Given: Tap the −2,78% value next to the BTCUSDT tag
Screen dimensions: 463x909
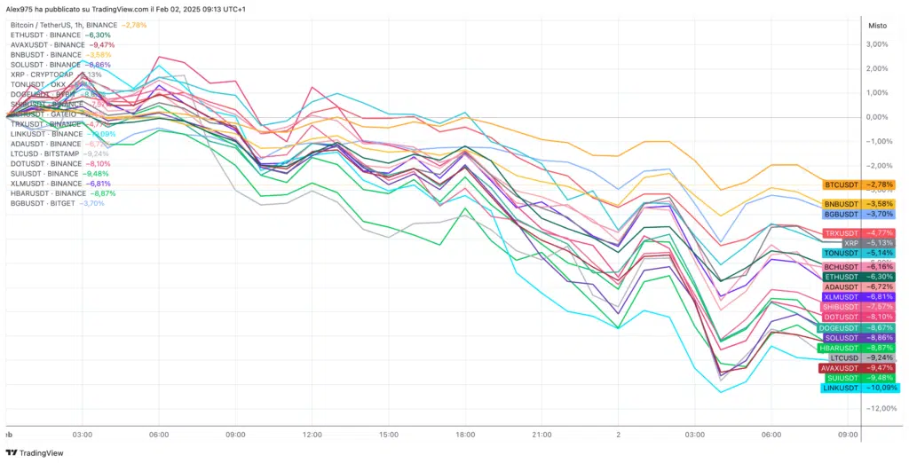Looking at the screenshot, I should [881, 185].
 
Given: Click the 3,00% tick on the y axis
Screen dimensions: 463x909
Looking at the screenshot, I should [877, 44].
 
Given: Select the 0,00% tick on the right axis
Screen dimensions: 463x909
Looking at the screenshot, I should [877, 117].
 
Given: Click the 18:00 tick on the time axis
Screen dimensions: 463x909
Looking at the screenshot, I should [465, 435].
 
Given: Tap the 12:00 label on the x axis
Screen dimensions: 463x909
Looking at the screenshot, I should [312, 435].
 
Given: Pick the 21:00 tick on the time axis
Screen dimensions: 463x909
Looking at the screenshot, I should [541, 435].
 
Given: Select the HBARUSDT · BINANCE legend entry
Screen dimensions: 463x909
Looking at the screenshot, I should [49, 193].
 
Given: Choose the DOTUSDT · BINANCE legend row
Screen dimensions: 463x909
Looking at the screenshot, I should [46, 163].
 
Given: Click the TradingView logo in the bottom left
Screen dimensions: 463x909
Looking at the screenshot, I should [36, 452].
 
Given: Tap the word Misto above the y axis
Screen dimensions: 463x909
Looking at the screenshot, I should [877, 25].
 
